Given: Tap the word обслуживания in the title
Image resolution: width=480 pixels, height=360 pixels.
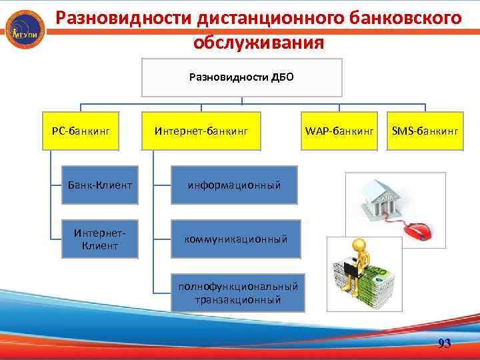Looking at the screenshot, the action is (x=259, y=42).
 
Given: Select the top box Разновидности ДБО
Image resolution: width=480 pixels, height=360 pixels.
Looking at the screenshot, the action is (x=241, y=77).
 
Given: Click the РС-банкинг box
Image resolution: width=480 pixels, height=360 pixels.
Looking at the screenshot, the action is (x=81, y=131).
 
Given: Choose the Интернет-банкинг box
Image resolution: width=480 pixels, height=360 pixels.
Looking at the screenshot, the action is (x=201, y=131).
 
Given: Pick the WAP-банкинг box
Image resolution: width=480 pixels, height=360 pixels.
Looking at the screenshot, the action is (x=339, y=131).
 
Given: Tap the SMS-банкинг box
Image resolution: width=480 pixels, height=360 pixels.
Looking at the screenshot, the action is (x=425, y=131).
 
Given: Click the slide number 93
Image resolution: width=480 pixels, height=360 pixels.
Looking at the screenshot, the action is (x=444, y=343).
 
